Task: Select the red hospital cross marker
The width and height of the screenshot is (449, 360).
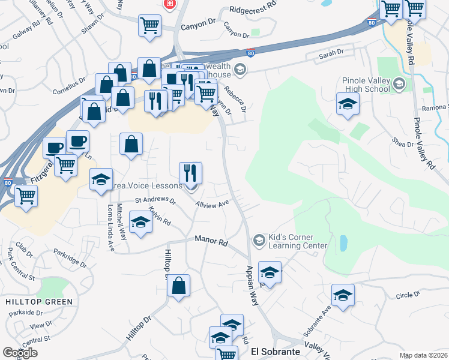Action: click(x=170, y=4)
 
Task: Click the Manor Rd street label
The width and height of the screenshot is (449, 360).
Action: click(x=212, y=241)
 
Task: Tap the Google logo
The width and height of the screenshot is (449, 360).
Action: click(x=20, y=353)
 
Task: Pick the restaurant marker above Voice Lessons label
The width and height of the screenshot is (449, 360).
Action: click(x=191, y=173)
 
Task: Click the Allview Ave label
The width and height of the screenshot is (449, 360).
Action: click(x=212, y=204)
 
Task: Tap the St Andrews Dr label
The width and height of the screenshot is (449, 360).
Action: click(x=155, y=200)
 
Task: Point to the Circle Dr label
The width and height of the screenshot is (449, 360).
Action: click(x=408, y=296)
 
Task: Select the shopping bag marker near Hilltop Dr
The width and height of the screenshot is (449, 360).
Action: click(x=179, y=286)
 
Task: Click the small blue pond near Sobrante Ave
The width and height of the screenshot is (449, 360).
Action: click(x=343, y=243)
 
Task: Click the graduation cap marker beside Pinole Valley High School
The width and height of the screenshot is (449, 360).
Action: click(x=348, y=104)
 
